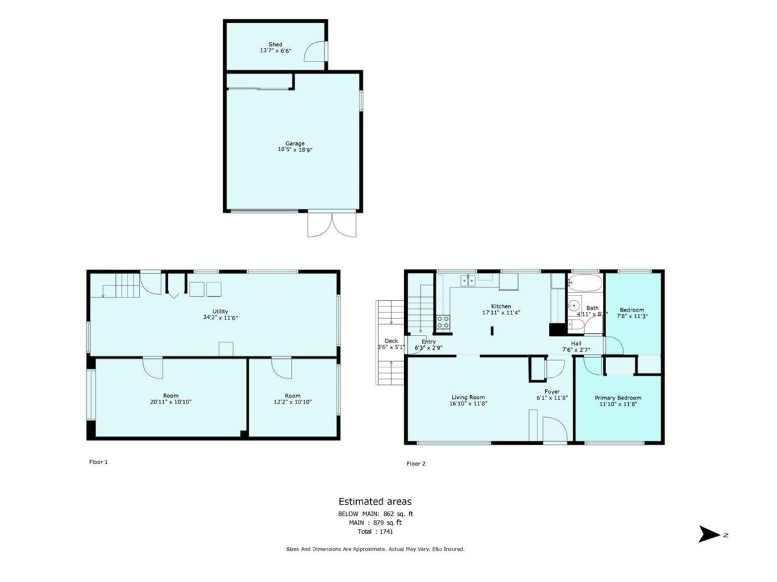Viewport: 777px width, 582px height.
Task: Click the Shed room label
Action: [x=275, y=45]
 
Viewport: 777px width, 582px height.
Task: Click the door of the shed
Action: [x=314, y=52]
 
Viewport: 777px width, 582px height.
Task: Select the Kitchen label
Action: [x=501, y=307]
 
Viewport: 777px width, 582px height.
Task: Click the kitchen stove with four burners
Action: [x=444, y=321]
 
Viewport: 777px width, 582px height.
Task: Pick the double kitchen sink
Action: [x=467, y=280]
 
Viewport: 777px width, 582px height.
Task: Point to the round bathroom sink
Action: [x=574, y=305]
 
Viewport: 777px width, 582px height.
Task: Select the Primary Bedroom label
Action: [x=618, y=398]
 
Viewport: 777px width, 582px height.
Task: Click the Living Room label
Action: [x=468, y=398]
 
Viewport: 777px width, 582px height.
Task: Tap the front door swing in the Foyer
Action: [x=554, y=429]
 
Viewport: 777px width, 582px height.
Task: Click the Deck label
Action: [x=391, y=341]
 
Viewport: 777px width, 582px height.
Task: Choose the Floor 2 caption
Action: [x=416, y=464]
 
